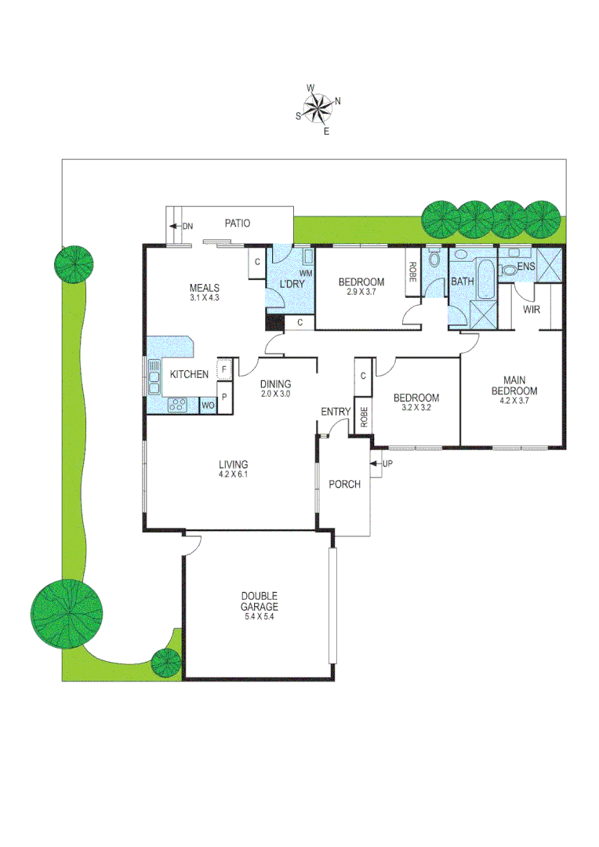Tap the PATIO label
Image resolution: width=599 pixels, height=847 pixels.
coord(237,224)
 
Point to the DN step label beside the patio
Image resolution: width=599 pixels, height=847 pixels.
coord(187,227)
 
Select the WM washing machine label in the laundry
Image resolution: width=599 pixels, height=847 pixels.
coord(306,273)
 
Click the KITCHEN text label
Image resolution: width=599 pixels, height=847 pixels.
coord(189,375)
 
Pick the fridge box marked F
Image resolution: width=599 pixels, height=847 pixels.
coord(224,369)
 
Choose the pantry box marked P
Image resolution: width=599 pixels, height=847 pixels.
coord(224,397)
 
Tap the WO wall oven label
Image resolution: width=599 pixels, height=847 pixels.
coord(208,405)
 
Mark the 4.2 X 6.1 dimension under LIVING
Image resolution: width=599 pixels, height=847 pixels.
coord(234,474)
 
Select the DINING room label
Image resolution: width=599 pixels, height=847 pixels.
coord(275,384)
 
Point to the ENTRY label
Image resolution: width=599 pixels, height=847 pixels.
coord(336,413)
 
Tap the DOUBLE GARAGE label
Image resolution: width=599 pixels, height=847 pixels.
coord(260,601)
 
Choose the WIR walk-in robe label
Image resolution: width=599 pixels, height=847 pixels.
coord(532,310)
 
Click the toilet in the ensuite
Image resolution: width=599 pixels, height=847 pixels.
coord(510,270)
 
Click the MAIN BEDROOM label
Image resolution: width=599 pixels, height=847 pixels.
coord(514,385)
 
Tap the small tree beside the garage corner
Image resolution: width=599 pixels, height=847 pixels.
coord(166,663)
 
